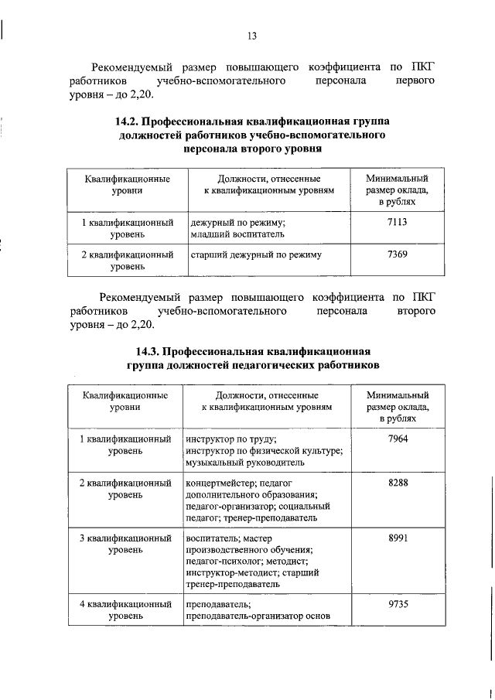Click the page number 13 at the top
(251, 36)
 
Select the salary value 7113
(397, 222)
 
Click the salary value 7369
(397, 254)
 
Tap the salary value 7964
(397, 439)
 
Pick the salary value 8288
(397, 483)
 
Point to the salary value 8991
(397, 537)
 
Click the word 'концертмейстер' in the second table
(220, 483)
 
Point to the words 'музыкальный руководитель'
(245, 462)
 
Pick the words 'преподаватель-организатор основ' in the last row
(258, 616)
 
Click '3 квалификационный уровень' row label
(125, 543)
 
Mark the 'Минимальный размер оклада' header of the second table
(397, 405)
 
